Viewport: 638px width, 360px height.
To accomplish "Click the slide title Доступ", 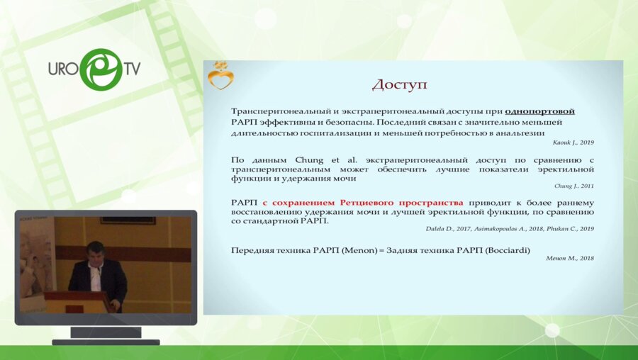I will tap(400, 84).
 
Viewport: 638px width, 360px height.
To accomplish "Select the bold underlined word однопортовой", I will tap(539, 111).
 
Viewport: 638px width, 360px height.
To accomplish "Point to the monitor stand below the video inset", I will tap(106, 334).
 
